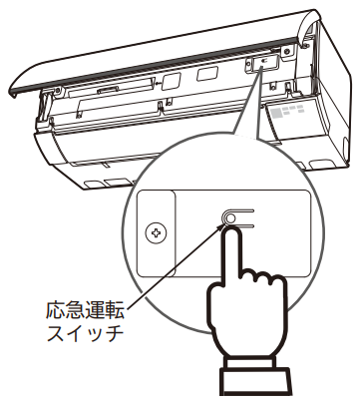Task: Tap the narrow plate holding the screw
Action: (155, 235)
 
